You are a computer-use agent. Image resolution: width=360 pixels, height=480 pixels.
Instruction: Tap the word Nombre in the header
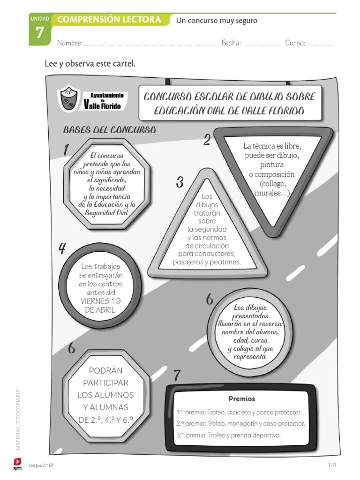[69, 43]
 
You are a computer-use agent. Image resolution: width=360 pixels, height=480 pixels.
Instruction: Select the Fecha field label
[231, 43]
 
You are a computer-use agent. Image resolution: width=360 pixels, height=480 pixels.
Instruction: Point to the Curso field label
[295, 43]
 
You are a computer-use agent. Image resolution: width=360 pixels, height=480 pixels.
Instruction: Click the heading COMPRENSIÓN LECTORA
[109, 20]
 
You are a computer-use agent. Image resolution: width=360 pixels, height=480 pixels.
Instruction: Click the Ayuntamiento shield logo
[69, 100]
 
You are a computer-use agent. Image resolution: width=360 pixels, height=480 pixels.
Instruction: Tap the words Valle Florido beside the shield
[102, 105]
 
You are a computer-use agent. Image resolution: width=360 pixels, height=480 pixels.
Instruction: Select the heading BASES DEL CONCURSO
[109, 130]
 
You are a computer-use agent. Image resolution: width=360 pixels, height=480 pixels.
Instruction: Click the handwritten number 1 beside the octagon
[66, 150]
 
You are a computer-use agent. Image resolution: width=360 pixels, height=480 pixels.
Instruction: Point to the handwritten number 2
[206, 140]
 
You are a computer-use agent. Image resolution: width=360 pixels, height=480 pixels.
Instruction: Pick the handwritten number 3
[180, 183]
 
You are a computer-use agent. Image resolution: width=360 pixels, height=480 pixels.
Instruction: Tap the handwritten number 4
[62, 248]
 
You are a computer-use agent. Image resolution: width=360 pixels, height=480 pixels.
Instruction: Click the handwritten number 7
[177, 375]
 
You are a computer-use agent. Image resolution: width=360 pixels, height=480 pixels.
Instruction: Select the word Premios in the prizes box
[242, 399]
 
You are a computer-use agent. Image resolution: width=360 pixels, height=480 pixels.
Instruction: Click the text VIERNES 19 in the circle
[101, 301]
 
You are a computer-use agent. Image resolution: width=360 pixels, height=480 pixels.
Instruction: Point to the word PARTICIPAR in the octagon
[105, 382]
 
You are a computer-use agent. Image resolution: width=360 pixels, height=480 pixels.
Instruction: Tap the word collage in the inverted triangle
[272, 184]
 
